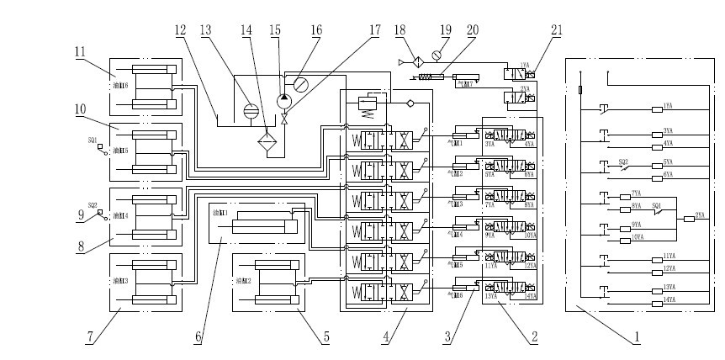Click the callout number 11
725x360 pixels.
click(80, 51)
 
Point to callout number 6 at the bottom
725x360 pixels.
click(198, 337)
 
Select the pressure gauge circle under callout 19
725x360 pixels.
click(435, 56)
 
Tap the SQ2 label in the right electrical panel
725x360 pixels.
click(623, 160)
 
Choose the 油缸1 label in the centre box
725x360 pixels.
click(220, 214)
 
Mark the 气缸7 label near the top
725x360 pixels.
click(463, 83)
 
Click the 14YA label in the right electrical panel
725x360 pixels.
click(669, 300)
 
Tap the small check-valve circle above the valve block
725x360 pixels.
click(410, 103)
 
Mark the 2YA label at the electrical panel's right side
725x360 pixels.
click(699, 215)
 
